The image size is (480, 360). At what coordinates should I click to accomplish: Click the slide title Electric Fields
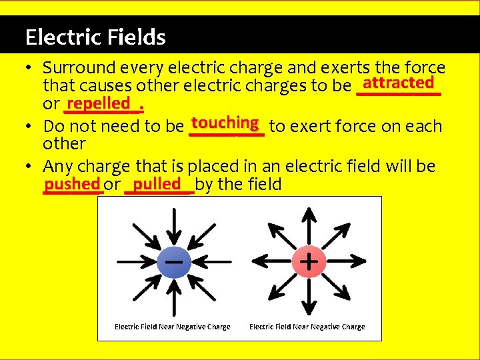(95, 37)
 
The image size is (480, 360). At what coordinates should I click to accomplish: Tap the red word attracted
(399, 83)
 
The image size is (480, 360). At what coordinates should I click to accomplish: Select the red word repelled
(98, 103)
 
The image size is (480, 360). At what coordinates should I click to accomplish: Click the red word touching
(225, 123)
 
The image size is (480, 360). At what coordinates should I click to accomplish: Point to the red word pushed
(72, 183)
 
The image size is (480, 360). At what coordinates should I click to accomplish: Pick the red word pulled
(157, 183)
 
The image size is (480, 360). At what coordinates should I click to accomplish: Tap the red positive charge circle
(308, 261)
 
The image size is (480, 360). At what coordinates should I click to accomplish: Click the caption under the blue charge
(173, 327)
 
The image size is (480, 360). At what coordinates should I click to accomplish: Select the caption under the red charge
(307, 327)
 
